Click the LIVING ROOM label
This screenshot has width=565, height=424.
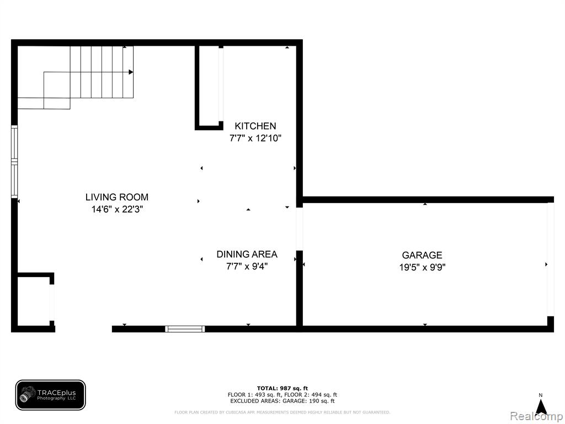[117, 197]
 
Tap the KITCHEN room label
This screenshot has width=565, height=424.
[255, 126]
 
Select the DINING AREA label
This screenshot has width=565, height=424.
[247, 254]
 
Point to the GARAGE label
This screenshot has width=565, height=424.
[422, 255]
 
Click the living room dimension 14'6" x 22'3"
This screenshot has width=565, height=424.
[117, 209]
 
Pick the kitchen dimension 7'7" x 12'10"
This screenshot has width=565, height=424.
[255, 138]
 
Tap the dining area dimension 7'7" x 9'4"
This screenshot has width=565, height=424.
[247, 267]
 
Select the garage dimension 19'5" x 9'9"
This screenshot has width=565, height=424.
[422, 268]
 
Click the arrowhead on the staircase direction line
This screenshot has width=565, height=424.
[131, 72]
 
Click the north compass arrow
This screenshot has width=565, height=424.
[541, 407]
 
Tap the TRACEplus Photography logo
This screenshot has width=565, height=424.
[50, 395]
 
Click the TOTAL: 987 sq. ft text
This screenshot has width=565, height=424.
[282, 388]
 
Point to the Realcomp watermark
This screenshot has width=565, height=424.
[536, 416]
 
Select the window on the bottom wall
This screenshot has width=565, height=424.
[185, 329]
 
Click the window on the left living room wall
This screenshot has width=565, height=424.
[14, 162]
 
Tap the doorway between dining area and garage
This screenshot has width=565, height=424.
[300, 229]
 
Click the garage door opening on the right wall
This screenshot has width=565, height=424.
[551, 259]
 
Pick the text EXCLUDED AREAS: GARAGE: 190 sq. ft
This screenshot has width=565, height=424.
[282, 401]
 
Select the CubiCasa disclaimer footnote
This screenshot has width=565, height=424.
[282, 412]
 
